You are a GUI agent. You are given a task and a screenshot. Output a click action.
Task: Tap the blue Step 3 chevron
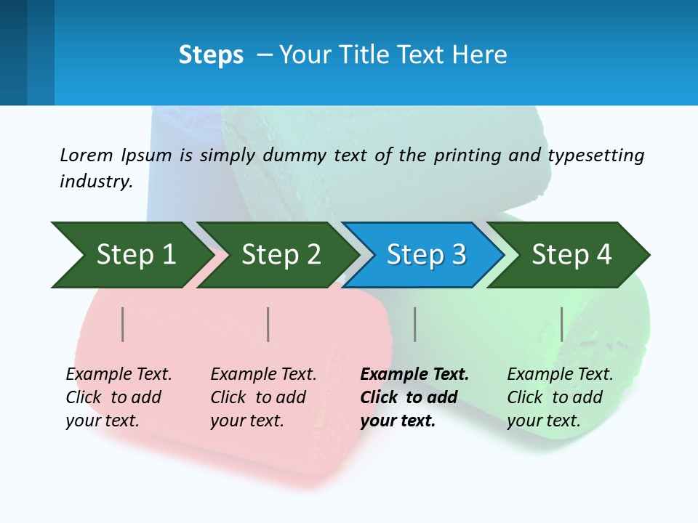(425, 255)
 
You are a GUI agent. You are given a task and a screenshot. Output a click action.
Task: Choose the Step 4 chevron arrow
(570, 255)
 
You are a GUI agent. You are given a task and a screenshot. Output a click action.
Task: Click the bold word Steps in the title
(211, 55)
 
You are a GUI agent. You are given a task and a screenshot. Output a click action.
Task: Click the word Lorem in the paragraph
(86, 155)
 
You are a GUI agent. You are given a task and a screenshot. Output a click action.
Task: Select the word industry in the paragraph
(96, 182)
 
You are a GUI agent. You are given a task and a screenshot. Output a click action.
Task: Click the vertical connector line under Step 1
(123, 324)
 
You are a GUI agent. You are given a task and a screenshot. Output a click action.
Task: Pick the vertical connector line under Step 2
(268, 324)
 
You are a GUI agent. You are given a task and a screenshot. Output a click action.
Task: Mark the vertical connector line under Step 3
(415, 324)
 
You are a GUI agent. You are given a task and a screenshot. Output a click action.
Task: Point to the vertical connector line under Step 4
(562, 324)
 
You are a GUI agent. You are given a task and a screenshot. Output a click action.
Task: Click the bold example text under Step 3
(414, 397)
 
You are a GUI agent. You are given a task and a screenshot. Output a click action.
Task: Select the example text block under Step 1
(119, 397)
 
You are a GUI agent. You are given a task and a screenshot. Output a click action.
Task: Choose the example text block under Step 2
(263, 397)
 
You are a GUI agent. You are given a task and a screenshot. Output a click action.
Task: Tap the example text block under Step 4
(560, 397)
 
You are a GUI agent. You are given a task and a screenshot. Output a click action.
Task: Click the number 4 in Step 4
(603, 255)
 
